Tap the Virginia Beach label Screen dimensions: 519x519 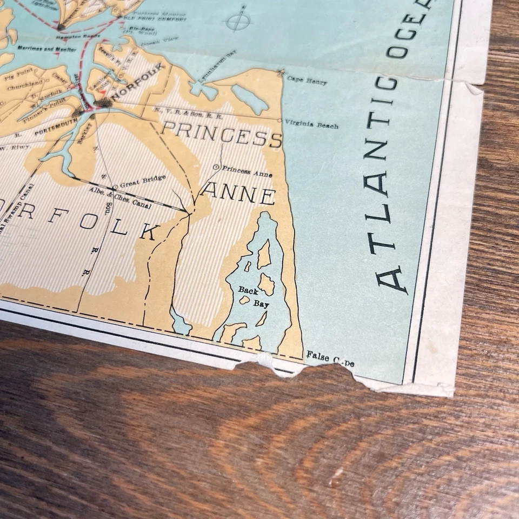pyautogui.click(x=311, y=124)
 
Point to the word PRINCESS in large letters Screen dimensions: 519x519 pyautogui.click(x=222, y=134)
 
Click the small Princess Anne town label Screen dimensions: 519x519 pyautogui.click(x=247, y=172)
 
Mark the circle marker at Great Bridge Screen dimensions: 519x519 pyautogui.click(x=115, y=187)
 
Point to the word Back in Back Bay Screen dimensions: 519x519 pyautogui.click(x=248, y=290)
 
